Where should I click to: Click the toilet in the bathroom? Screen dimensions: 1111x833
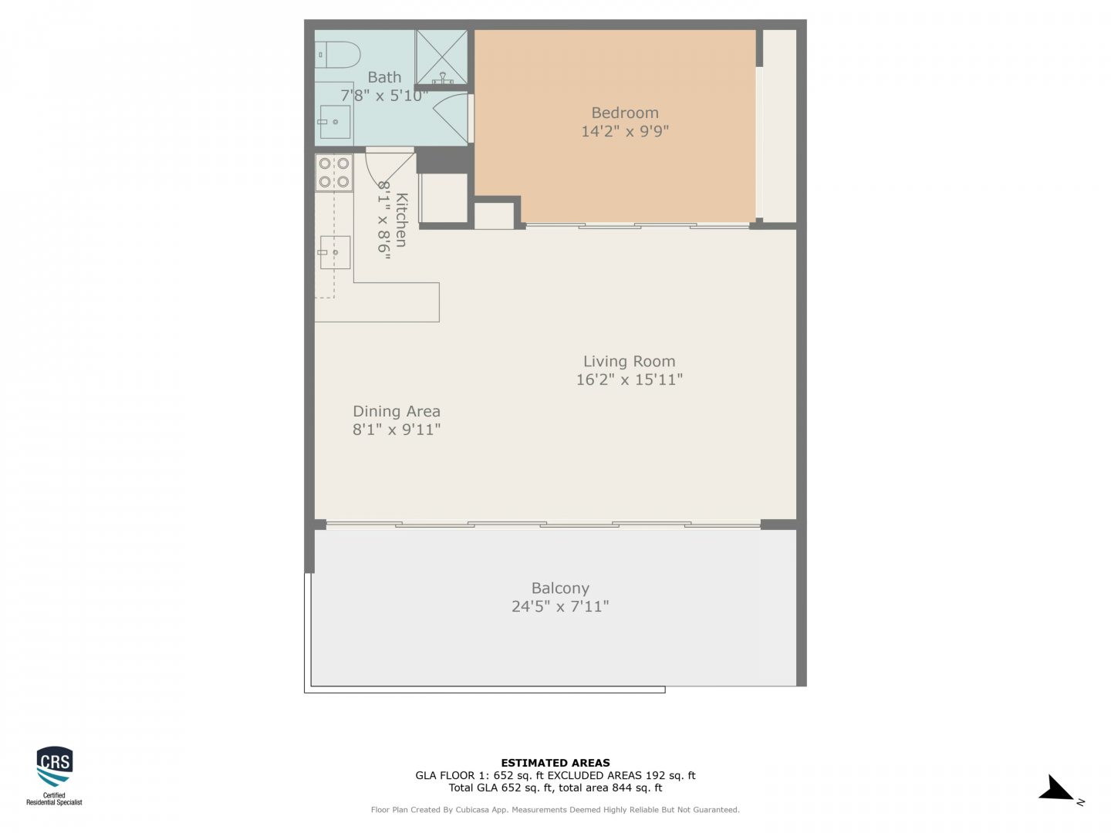tap(336, 55)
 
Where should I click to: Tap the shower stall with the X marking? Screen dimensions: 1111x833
tap(441, 56)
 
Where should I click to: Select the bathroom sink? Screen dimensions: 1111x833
tap(334, 122)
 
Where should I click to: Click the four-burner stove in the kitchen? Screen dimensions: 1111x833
tap(334, 173)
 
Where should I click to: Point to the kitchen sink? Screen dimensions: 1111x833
tap(334, 252)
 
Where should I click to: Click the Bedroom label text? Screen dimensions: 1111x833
tap(625, 113)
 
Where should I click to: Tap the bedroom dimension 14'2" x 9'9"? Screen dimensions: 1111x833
tap(625, 131)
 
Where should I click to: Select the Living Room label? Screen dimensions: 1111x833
tap(629, 361)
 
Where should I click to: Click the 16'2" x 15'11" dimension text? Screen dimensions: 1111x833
tap(629, 379)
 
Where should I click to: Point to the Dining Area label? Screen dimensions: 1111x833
tap(397, 411)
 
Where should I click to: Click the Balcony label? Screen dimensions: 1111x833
tap(560, 588)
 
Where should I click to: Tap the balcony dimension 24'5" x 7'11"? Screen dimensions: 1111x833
tap(560, 606)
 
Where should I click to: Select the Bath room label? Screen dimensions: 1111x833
tap(384, 77)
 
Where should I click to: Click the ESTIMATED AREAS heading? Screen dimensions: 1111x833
tap(555, 763)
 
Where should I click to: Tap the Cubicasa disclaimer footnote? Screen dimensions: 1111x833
tap(555, 810)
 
